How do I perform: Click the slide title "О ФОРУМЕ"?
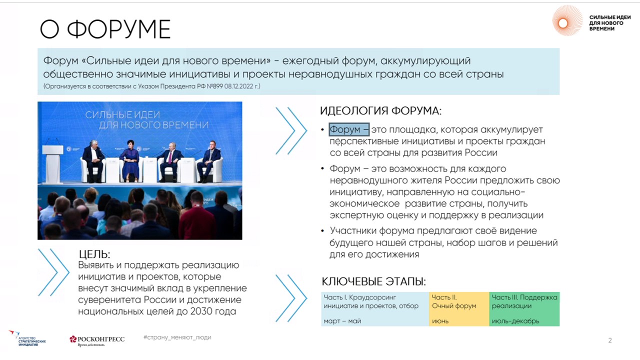pos(105,29)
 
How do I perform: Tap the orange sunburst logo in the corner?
pos(567,20)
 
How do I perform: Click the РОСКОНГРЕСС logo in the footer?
pos(97,340)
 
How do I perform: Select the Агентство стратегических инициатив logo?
pos(27,338)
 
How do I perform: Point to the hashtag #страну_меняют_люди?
pos(177,337)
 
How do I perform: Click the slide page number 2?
pos(610,340)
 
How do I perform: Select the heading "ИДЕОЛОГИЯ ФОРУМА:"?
pos(380,111)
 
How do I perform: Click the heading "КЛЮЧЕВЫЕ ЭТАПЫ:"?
pos(373,281)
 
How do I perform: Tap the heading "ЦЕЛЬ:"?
pos(94,254)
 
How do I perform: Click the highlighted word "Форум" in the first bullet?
pos(345,129)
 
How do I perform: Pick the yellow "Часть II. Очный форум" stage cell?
pos(459,309)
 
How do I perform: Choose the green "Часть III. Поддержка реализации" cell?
pos(524,309)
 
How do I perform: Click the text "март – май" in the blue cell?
pos(342,321)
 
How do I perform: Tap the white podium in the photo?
pos(53,163)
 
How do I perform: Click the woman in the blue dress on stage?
pos(130,161)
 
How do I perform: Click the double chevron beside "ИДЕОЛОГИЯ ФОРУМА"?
pos(291,131)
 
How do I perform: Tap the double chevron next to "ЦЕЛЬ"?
pos(53,272)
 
